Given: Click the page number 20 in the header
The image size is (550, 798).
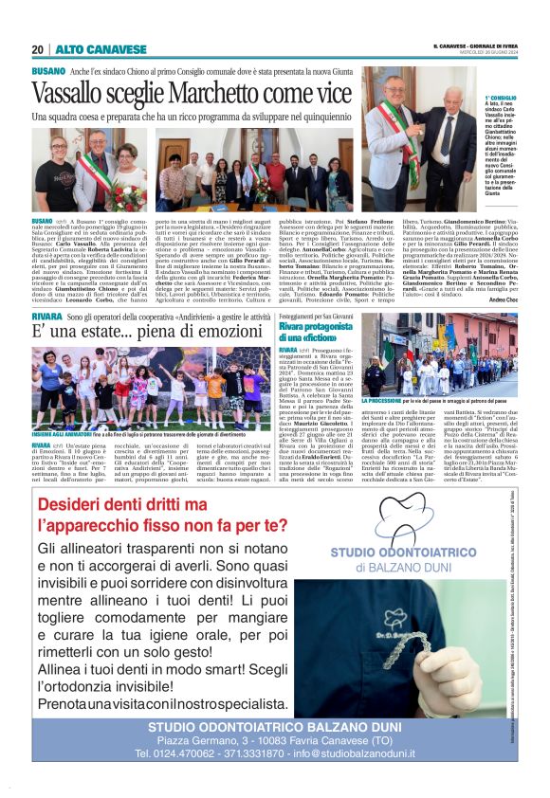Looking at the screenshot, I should click(x=37, y=49).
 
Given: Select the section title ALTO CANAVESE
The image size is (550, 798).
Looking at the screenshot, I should click(x=87, y=49).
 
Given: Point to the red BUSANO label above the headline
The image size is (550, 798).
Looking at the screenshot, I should click(x=47, y=71).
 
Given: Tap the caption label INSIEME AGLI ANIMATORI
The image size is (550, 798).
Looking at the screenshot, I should click(x=64, y=434).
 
